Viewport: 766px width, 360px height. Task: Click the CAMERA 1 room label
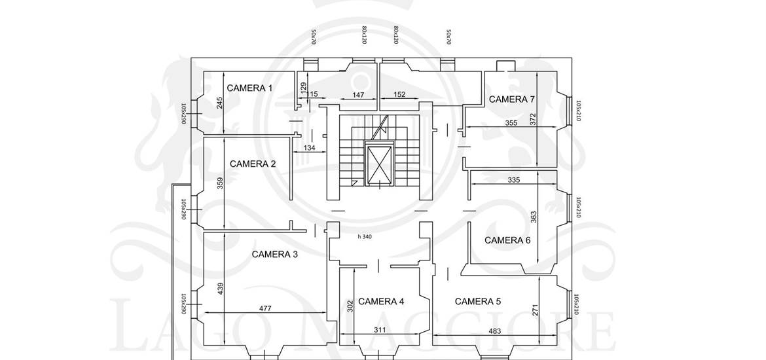click(x=249, y=88)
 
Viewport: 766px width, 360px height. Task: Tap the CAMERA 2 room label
click(x=253, y=164)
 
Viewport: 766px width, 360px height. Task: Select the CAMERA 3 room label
click(x=275, y=254)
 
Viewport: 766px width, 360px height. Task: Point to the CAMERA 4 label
click(x=381, y=301)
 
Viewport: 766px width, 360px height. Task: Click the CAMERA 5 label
click(x=478, y=301)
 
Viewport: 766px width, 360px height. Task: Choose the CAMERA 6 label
click(x=507, y=240)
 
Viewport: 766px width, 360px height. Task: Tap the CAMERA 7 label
click(x=512, y=99)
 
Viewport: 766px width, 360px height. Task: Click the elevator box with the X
click(x=379, y=164)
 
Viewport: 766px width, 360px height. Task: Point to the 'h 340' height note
click(x=365, y=237)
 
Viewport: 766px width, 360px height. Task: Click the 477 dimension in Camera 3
click(x=265, y=308)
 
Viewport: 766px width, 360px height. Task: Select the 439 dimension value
click(x=221, y=289)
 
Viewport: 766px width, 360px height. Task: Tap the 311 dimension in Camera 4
click(x=380, y=330)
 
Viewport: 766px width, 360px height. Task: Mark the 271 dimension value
click(x=535, y=310)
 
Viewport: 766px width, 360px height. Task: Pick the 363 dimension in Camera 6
click(x=534, y=217)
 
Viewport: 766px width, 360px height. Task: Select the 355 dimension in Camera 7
click(x=512, y=122)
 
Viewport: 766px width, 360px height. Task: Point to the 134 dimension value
click(x=309, y=149)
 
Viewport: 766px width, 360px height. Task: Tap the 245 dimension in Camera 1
click(x=221, y=103)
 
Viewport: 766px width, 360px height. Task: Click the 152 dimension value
click(x=399, y=95)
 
